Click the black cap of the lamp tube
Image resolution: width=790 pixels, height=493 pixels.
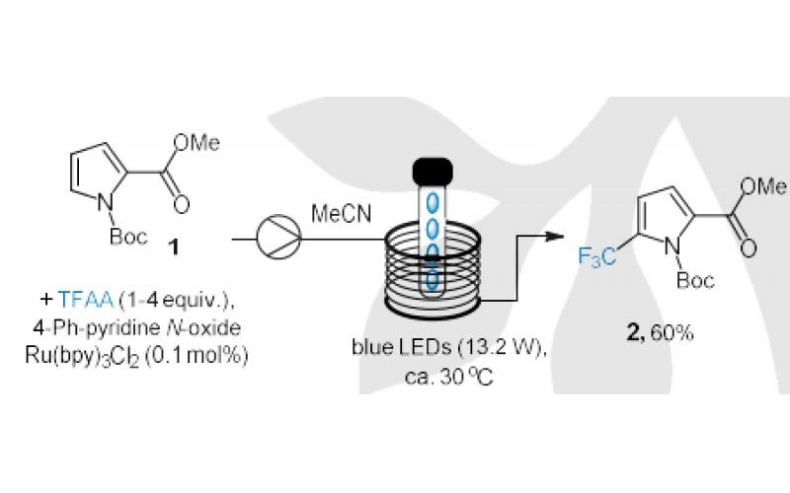[431, 169]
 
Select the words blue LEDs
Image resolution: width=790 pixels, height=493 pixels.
[389, 348]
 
